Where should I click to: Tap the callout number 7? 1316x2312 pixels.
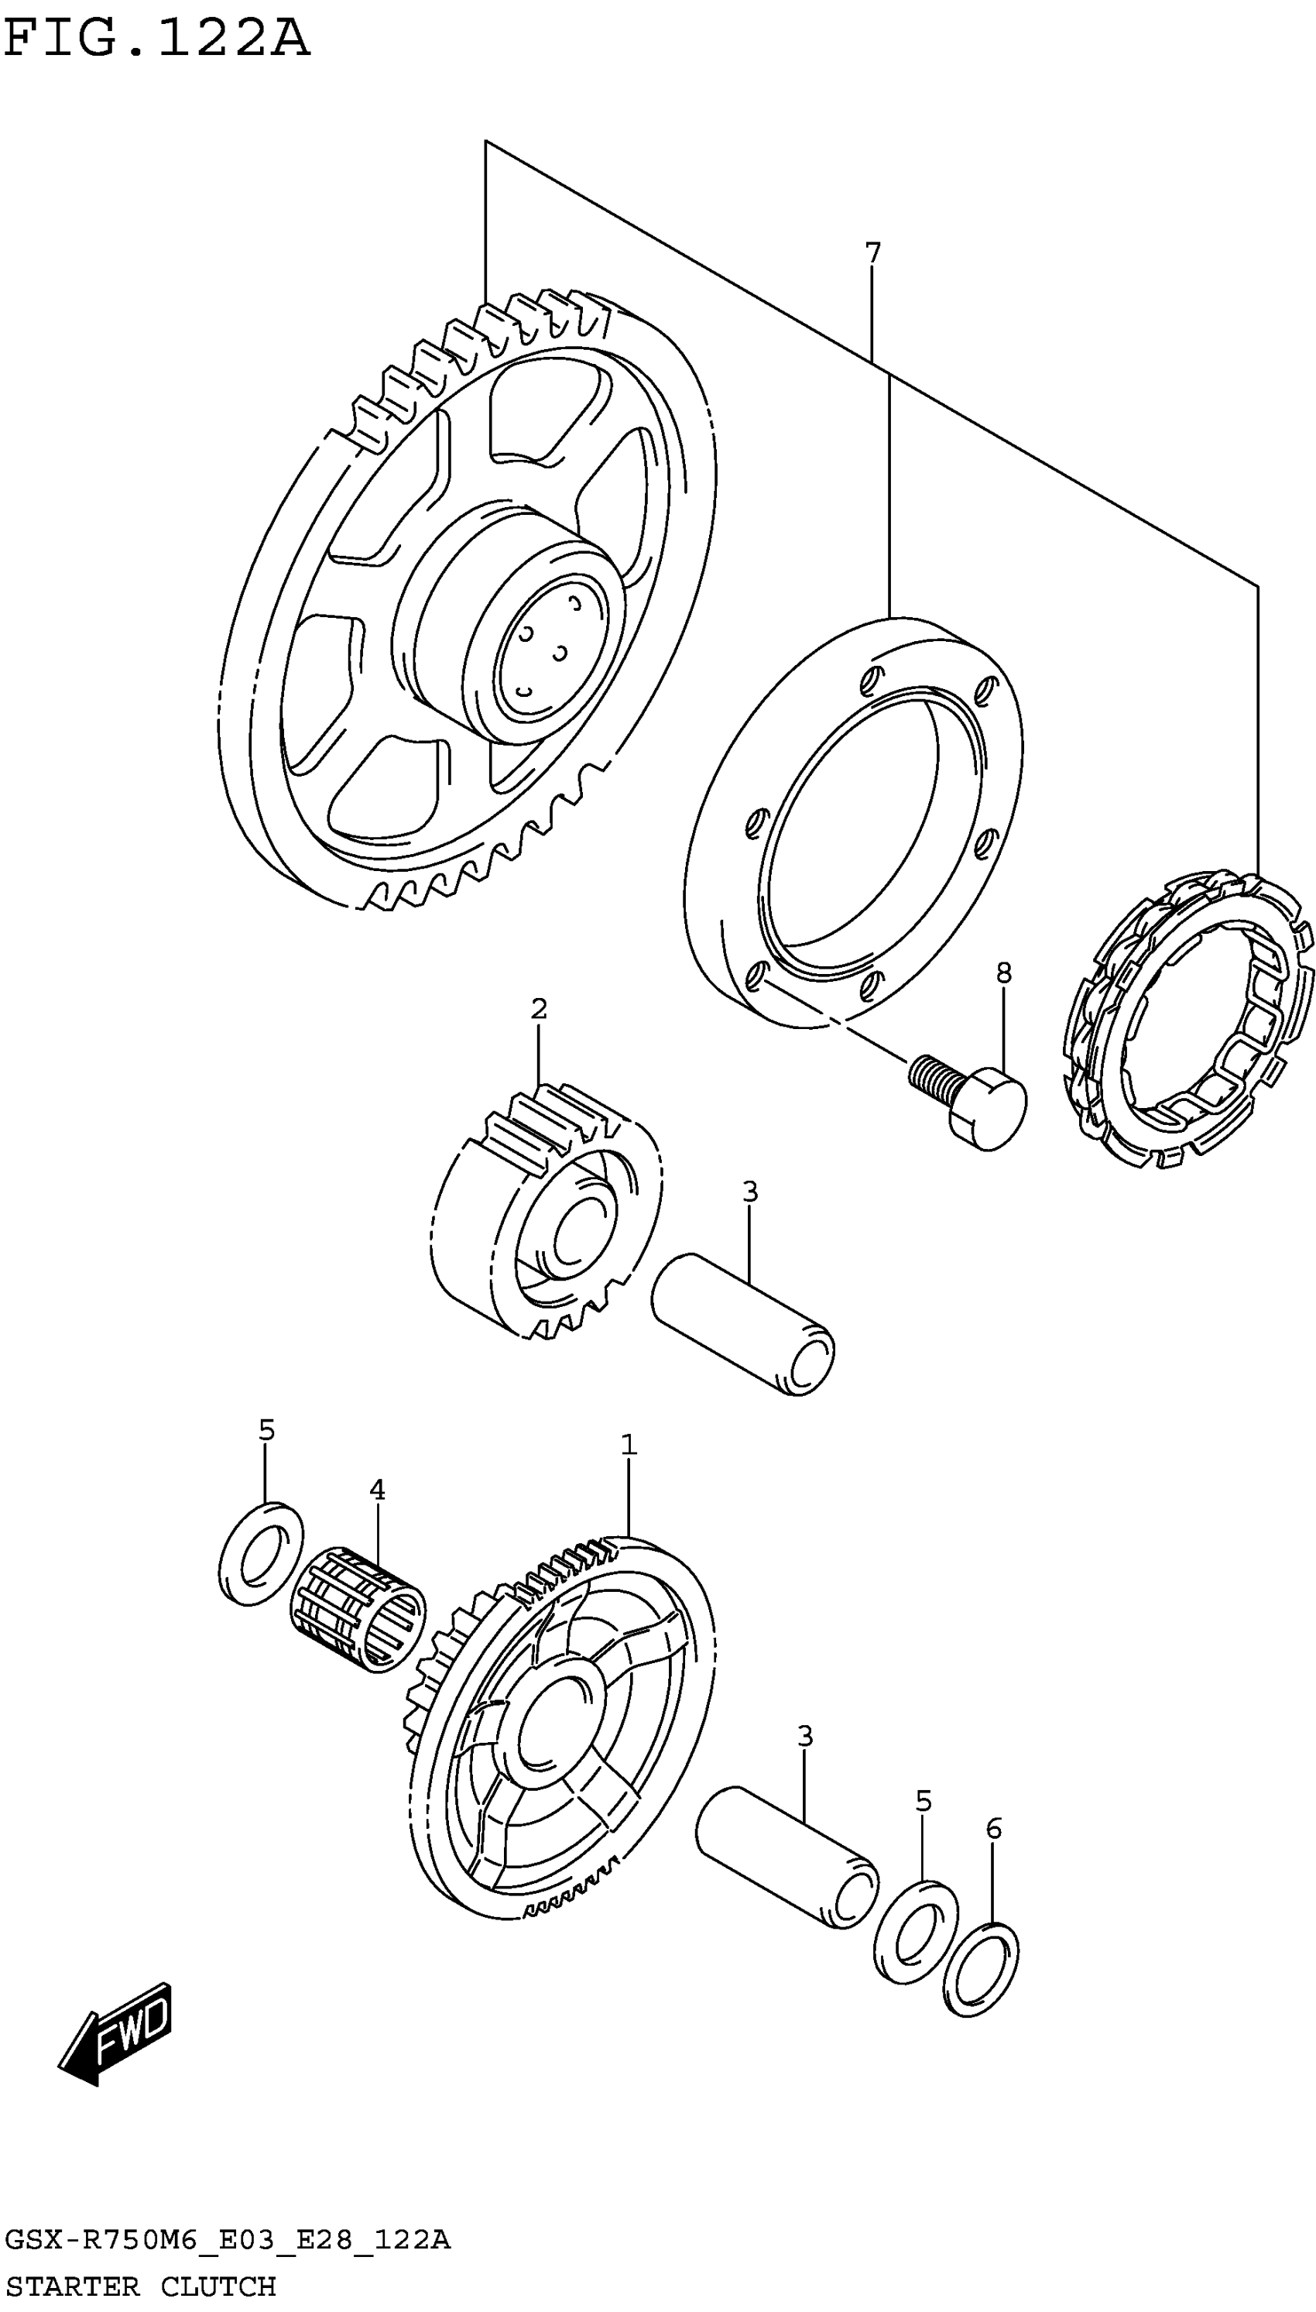point(872,253)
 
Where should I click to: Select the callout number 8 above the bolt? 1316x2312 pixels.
point(1003,972)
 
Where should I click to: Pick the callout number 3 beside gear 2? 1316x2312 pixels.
point(749,1192)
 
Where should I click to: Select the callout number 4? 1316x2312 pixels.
point(377,1490)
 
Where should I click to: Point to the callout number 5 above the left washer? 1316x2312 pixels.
point(266,1430)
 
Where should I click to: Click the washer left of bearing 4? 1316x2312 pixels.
point(262,1554)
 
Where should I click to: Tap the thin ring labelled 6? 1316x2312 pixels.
point(981,1968)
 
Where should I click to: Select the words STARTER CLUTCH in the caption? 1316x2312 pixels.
point(140,2286)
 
